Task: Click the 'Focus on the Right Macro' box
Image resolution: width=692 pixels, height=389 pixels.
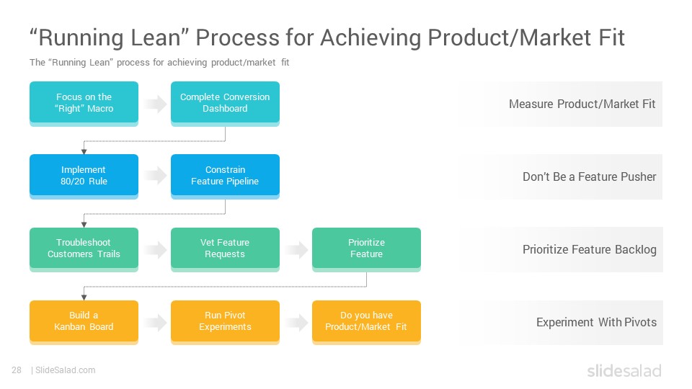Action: pos(84,103)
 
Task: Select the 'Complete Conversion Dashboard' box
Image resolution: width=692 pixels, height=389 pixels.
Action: pos(225,103)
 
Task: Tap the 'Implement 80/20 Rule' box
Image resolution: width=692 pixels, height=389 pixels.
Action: pos(84,176)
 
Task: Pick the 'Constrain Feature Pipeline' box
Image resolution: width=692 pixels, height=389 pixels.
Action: pos(225,176)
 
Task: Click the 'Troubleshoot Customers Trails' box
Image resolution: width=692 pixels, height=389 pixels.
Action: pos(84,249)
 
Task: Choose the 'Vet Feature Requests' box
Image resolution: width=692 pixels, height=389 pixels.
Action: pos(225,249)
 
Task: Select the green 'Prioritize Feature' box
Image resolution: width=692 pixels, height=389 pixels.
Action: pos(366,249)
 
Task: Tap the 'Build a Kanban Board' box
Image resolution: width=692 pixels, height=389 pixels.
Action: pos(84,322)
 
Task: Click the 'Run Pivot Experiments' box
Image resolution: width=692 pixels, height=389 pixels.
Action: pos(225,322)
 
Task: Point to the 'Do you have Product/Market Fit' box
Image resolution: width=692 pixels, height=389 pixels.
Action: pos(366,322)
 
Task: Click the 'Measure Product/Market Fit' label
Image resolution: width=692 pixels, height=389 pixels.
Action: pos(582,104)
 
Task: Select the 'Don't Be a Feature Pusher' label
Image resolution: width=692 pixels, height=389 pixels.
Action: pos(589,177)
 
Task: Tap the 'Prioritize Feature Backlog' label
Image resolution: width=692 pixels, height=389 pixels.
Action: pos(589,250)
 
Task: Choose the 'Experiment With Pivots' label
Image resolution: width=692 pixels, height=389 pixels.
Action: pos(596,323)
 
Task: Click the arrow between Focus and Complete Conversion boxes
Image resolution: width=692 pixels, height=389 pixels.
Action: pos(155,104)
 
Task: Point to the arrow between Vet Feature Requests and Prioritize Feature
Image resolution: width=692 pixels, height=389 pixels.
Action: pos(296,250)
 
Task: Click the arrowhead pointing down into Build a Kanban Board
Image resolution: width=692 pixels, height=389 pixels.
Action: pos(84,298)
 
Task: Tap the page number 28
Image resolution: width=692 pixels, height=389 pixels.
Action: pos(17,370)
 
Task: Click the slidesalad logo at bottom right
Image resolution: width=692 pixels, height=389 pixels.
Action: pos(624,370)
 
